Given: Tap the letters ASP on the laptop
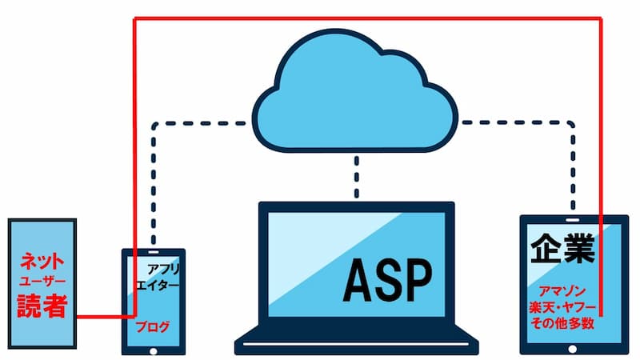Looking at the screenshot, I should click(x=387, y=276).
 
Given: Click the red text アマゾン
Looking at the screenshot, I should click(x=563, y=292).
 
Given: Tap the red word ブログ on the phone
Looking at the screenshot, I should click(x=152, y=326).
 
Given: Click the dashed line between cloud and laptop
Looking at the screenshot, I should click(x=357, y=176).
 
